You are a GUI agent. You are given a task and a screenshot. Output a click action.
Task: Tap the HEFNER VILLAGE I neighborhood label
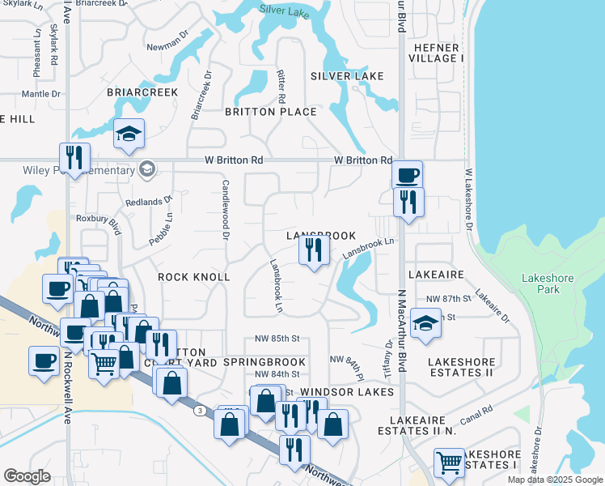(437, 53)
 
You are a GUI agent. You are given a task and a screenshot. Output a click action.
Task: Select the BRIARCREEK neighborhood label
(142, 93)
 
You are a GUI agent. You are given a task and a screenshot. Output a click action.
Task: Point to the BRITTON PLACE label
(270, 112)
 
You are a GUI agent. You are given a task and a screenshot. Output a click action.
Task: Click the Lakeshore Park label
(548, 283)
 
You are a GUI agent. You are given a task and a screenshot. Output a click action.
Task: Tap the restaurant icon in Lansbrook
(314, 250)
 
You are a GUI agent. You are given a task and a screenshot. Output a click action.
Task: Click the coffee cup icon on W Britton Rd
(407, 174)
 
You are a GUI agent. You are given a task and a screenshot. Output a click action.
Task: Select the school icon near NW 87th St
(425, 324)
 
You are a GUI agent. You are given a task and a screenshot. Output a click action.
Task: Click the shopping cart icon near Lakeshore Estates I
(449, 463)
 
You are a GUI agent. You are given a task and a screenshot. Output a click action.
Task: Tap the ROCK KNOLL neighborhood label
(194, 277)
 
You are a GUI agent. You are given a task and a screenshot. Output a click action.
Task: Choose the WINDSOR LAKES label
(353, 392)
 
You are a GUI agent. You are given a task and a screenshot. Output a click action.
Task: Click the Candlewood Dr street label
(226, 212)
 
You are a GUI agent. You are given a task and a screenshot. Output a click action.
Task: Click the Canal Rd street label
(476, 418)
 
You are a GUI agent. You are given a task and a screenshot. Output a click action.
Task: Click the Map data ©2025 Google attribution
(555, 480)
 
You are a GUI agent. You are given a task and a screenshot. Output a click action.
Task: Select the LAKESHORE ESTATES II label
(461, 367)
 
